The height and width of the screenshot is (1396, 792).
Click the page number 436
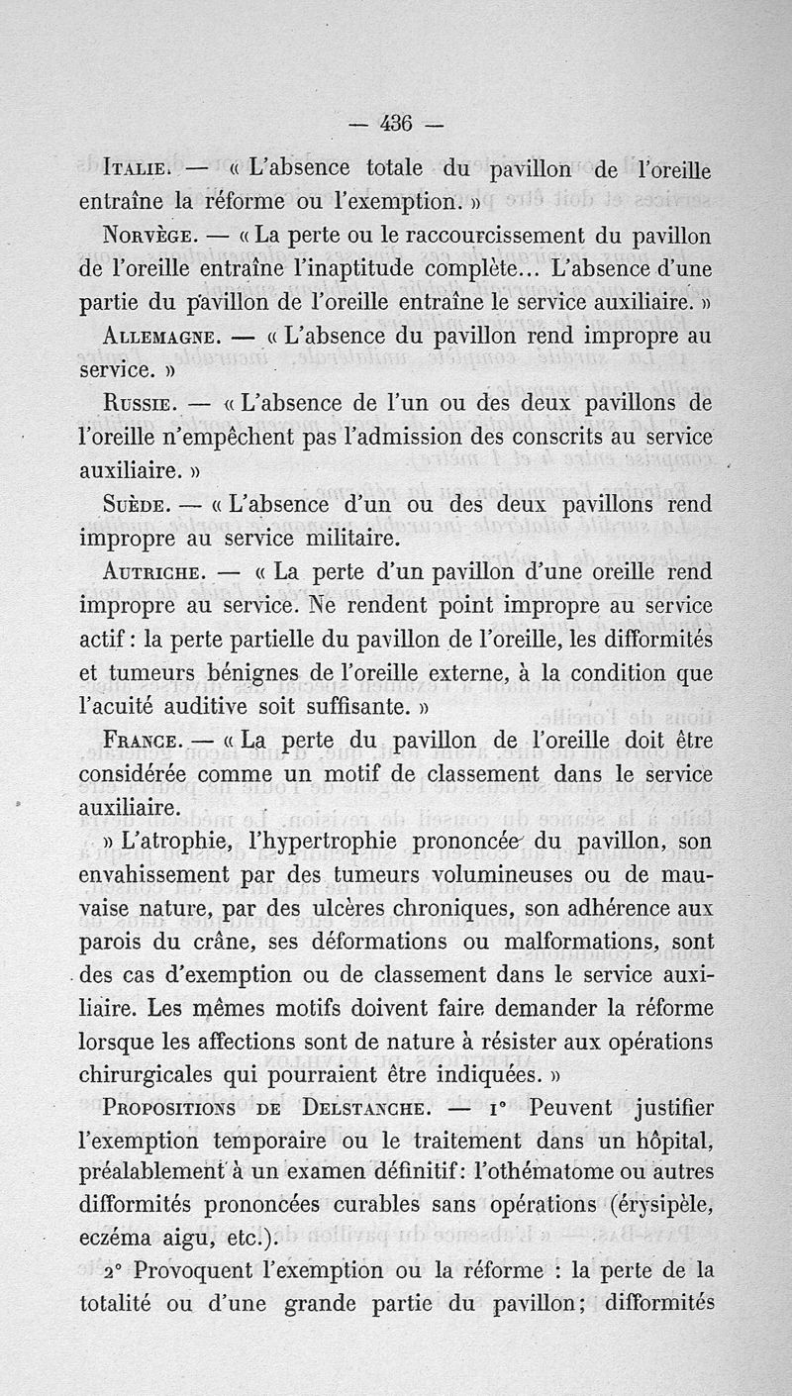[x=396, y=124]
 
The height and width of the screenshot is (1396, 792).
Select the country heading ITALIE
[x=139, y=170]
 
